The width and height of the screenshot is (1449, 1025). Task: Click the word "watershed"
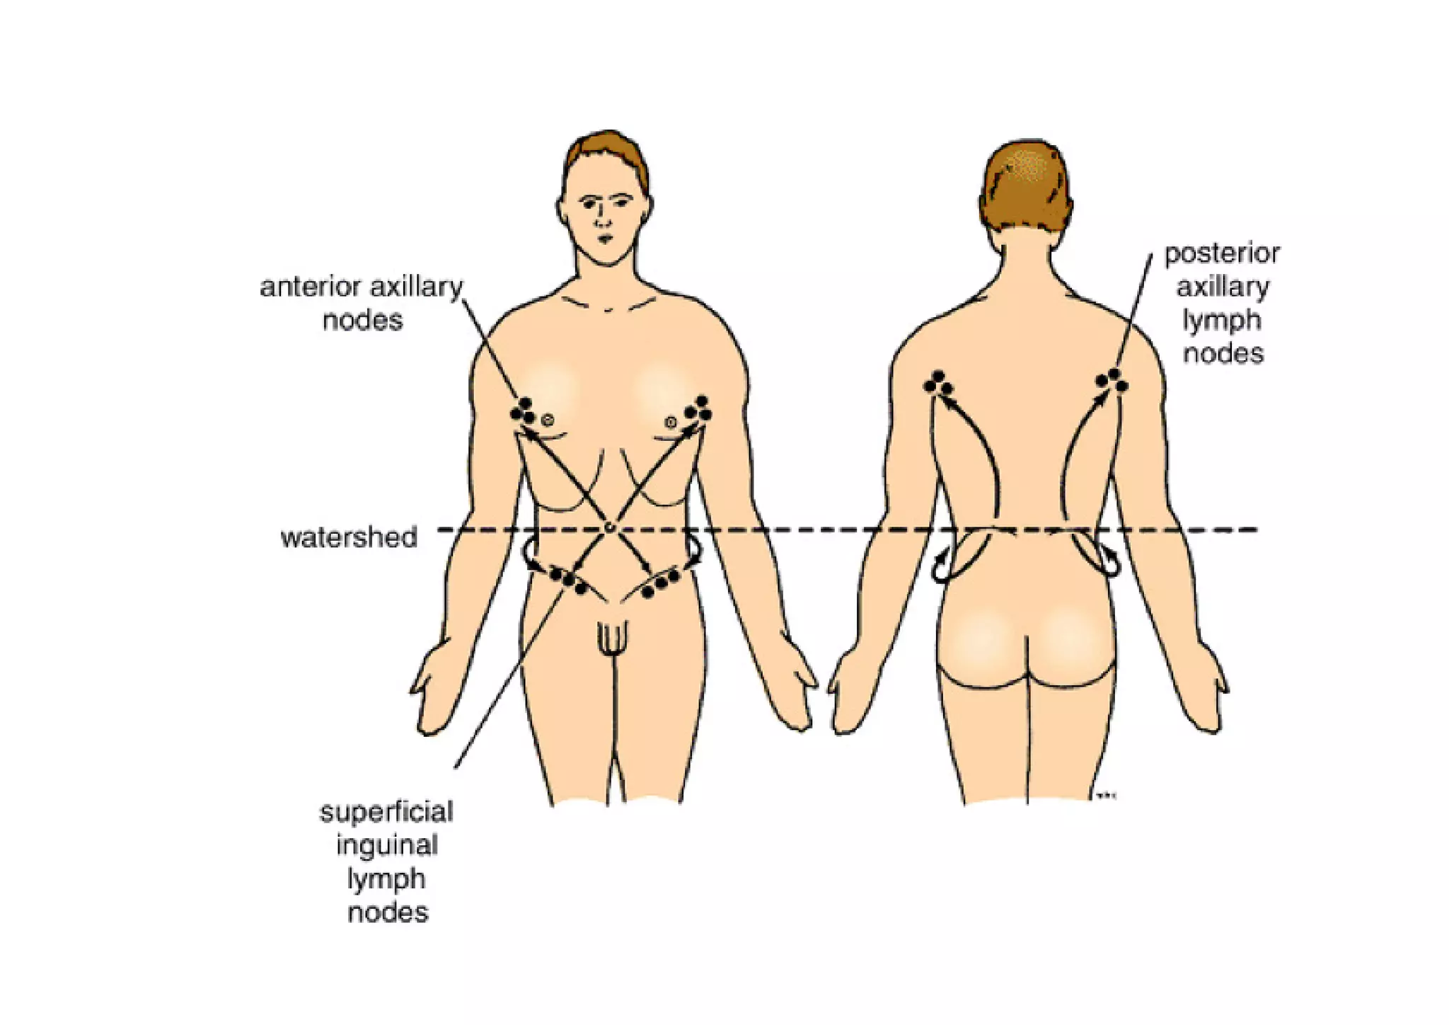point(349,537)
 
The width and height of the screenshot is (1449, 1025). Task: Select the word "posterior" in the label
point(1222,253)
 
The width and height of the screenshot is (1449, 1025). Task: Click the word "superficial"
point(386,811)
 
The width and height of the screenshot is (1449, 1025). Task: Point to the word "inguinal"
point(387,845)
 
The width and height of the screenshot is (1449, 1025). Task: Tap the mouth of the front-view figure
point(605,239)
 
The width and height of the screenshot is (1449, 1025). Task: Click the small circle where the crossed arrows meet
point(609,527)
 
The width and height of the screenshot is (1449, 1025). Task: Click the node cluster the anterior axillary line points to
point(523,411)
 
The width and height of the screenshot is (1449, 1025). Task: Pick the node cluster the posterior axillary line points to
point(1112,380)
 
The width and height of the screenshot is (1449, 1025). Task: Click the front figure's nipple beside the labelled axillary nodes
point(547,420)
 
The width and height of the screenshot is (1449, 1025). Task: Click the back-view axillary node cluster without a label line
point(938,383)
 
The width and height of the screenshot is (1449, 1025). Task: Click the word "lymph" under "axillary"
point(1222,320)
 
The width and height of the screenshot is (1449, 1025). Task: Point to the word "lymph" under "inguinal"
point(386,878)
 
